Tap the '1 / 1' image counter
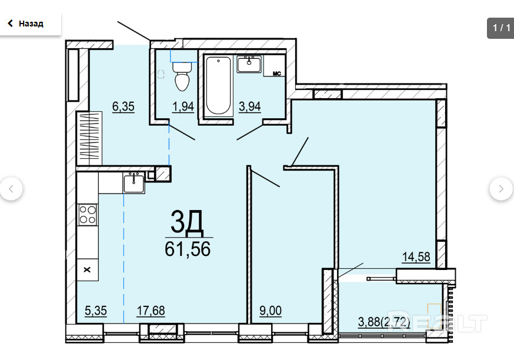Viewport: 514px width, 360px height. [x=501, y=28]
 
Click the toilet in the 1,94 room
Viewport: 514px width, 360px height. [x=182, y=76]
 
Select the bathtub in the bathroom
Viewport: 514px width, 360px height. [x=218, y=86]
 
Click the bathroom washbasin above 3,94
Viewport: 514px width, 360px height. [x=249, y=64]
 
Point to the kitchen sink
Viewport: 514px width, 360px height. [x=133, y=184]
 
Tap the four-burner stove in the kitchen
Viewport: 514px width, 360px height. [x=88, y=215]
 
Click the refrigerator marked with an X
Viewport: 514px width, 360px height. [x=87, y=269]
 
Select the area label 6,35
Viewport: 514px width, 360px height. [x=124, y=106]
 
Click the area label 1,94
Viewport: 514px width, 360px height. [x=183, y=106]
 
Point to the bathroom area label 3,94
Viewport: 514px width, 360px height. [x=250, y=106]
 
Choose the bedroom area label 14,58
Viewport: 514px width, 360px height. [x=416, y=257]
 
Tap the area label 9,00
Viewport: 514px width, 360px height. [x=271, y=311]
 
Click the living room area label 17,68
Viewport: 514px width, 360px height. [x=151, y=311]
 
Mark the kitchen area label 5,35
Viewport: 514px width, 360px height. [x=96, y=311]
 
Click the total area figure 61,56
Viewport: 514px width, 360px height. [x=188, y=249]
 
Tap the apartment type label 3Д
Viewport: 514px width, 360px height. [x=187, y=222]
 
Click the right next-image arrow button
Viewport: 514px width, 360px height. [x=501, y=189]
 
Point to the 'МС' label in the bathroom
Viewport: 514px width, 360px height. [x=277, y=74]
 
